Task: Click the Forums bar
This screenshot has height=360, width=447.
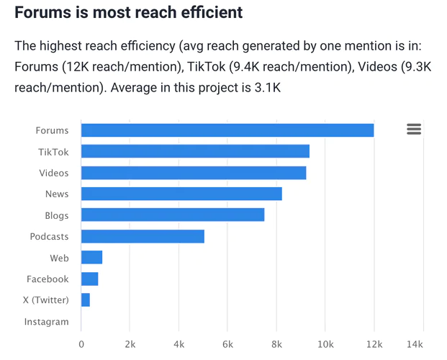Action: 227,130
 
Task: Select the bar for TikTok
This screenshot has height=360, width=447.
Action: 195,151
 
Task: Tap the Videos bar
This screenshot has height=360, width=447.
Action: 194,173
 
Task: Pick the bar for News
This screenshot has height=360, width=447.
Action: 181,194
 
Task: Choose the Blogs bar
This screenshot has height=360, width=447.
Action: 173,215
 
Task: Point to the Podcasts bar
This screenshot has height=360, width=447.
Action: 143,236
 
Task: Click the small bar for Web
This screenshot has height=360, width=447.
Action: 92,257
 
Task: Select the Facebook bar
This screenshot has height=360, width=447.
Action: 90,279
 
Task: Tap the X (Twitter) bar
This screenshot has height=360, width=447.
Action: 86,300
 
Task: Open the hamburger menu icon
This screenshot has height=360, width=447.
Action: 413,129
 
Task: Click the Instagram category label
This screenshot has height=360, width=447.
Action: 47,322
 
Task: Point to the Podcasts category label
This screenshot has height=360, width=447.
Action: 49,236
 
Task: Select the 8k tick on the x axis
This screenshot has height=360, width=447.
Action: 276,343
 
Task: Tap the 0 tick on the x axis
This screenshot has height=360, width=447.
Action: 81,343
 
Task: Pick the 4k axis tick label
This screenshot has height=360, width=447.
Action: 179,343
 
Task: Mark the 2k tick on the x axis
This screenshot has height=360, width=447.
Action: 130,343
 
